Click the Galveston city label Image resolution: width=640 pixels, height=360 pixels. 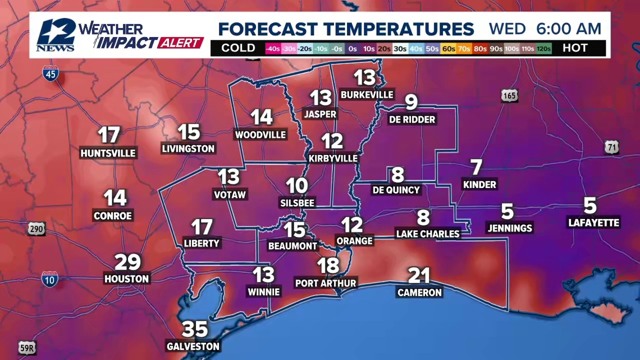193,347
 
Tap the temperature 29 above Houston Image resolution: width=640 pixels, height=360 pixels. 127,262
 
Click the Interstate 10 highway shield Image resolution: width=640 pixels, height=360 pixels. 49,279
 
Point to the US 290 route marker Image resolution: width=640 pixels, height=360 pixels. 36,229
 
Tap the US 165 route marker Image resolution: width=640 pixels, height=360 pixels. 509,96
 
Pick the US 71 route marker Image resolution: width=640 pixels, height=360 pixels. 612,148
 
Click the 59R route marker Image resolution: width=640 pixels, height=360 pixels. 27,348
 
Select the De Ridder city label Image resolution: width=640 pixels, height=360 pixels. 412,120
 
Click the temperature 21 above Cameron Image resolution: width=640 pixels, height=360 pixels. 419,276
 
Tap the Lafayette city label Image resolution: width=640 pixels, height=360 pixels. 593,223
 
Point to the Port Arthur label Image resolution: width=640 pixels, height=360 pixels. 326,283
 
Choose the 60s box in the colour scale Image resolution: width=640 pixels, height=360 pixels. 448,48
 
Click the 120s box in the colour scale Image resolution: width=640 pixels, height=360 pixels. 544,48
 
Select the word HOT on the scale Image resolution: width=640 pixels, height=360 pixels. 575,48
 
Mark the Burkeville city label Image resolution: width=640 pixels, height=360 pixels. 367,94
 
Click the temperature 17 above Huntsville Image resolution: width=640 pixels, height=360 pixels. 109,135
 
